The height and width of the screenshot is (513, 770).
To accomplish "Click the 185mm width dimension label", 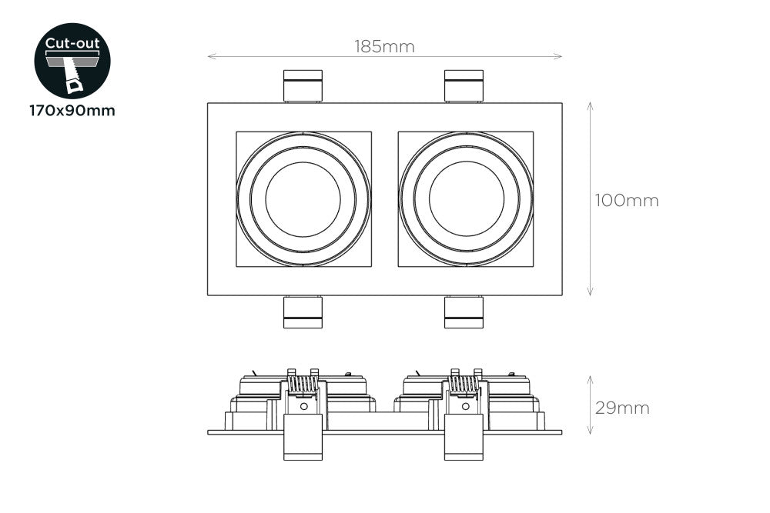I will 384,46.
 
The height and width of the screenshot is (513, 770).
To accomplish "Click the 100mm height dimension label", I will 626,201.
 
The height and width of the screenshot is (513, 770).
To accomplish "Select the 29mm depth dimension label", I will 621,408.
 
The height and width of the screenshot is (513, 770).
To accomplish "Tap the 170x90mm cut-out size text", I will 72,111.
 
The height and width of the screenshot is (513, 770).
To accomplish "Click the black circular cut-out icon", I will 72,61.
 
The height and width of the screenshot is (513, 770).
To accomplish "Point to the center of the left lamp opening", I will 303,199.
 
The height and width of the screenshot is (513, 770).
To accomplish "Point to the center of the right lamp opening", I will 466,199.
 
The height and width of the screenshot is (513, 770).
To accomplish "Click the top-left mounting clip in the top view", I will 303,86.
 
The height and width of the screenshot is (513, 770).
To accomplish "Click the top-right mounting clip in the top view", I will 464,86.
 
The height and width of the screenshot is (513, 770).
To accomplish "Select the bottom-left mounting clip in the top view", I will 303,311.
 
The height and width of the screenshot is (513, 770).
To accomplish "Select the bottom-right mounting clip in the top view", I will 464,311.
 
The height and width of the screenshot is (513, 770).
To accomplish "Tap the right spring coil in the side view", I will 464,383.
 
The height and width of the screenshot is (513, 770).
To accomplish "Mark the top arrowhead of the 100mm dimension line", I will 590,105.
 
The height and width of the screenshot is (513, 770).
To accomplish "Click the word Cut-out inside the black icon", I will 72,43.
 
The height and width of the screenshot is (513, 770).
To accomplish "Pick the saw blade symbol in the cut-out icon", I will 75,77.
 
